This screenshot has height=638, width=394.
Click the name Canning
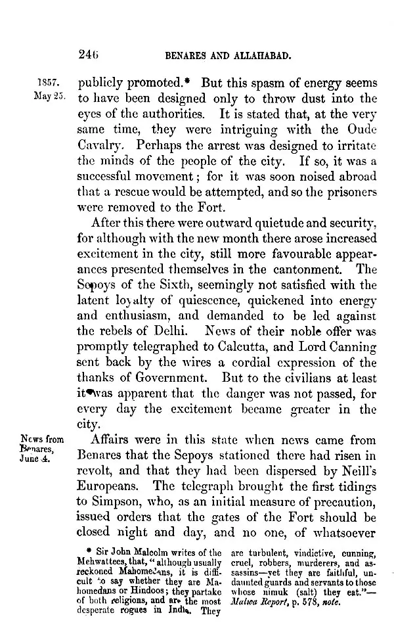coord(351,348)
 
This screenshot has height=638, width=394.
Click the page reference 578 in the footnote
coord(311,608)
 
